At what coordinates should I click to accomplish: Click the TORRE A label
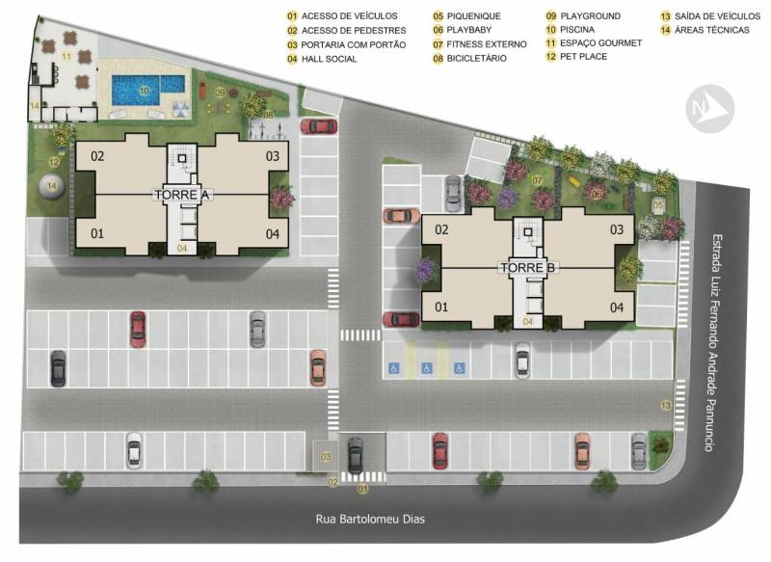[182, 195]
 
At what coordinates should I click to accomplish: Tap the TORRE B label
[527, 267]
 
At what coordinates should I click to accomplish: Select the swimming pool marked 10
[148, 90]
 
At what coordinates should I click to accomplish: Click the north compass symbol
[709, 109]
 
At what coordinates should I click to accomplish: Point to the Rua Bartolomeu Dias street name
[370, 520]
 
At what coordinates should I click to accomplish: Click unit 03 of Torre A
[273, 156]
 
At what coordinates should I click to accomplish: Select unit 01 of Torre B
[441, 308]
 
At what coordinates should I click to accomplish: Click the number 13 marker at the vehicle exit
[666, 406]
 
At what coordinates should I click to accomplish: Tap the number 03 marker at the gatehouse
[326, 457]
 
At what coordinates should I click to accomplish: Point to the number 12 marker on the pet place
[54, 162]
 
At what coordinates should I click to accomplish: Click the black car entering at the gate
[355, 455]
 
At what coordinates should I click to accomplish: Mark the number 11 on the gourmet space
[66, 57]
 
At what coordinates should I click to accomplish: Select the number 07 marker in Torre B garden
[537, 181]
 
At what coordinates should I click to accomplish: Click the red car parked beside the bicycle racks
[319, 126]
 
